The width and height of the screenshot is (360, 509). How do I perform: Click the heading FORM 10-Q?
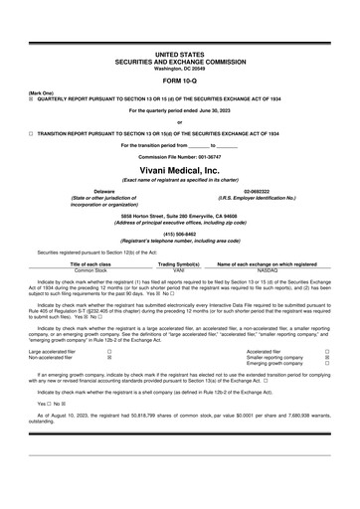(x=180, y=80)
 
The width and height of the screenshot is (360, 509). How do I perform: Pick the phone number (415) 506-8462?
(x=180, y=234)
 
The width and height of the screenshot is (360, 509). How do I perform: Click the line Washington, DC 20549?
(x=180, y=67)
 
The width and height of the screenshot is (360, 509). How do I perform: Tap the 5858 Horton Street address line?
(x=180, y=214)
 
